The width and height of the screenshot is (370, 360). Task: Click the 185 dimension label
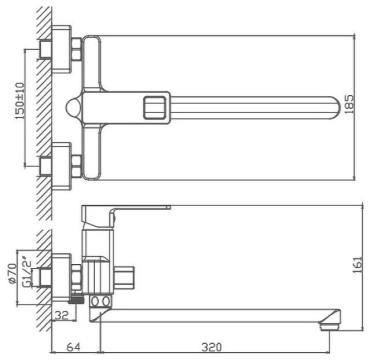[349, 105]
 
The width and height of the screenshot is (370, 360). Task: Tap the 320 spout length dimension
[212, 347]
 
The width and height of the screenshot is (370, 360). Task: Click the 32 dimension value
[61, 314]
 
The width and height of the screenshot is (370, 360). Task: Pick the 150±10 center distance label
[20, 101]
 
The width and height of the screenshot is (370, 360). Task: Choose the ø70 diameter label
[12, 273]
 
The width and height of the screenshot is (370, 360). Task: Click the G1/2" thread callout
[27, 271]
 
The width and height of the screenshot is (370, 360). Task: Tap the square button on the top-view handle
[154, 108]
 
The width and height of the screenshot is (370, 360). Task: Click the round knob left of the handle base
[73, 108]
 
